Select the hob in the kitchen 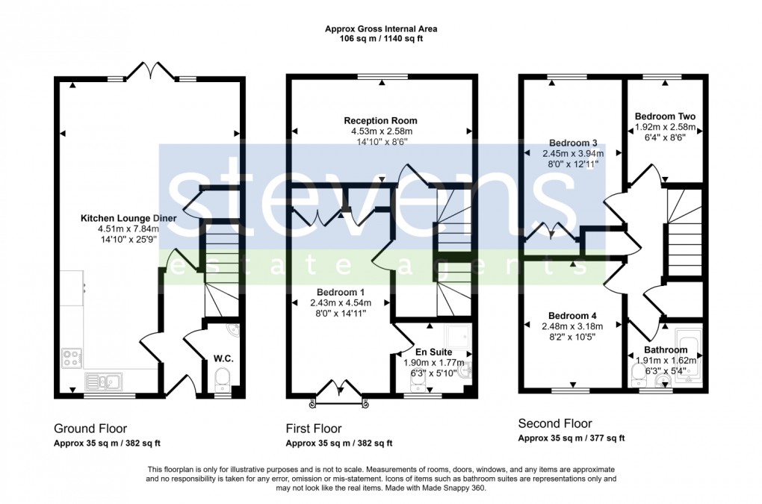pyautogui.click(x=72, y=358)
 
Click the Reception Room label pyautogui.click(x=380, y=120)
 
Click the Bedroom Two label pyautogui.click(x=665, y=116)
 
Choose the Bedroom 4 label pyautogui.click(x=571, y=314)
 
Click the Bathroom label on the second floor pyautogui.click(x=666, y=349)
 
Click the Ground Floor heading pyautogui.click(x=90, y=429)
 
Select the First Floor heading pyautogui.click(x=314, y=429)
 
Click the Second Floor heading pyautogui.click(x=555, y=422)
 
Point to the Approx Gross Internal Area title pyautogui.click(x=381, y=29)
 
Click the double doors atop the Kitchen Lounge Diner pyautogui.click(x=152, y=72)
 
